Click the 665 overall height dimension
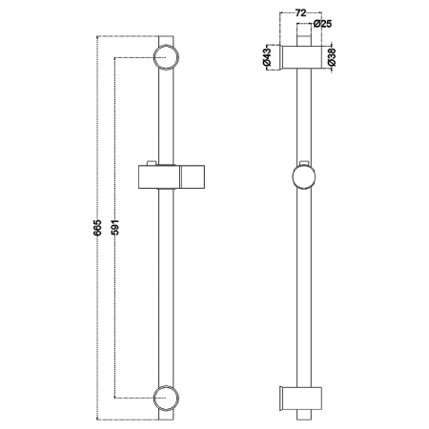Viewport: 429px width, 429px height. pos(98,227)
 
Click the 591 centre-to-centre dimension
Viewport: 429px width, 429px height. pos(116,227)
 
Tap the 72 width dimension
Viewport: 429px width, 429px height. pos(300,12)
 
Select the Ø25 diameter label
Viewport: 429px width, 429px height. pos(322,24)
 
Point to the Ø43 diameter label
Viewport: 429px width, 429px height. pos(267,56)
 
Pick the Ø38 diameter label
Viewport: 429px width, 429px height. pos(331,57)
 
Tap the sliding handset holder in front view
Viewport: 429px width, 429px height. pos(172,176)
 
